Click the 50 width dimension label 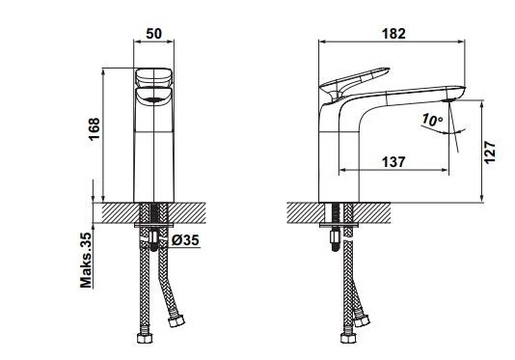click(153, 33)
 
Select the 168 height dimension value click(95, 129)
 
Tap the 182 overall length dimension click(393, 33)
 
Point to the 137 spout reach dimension click(393, 162)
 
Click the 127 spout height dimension click(489, 152)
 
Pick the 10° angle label click(432, 120)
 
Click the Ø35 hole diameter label click(185, 240)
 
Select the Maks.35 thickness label click(86, 260)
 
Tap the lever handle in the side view click(354, 81)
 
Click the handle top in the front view click(153, 77)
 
